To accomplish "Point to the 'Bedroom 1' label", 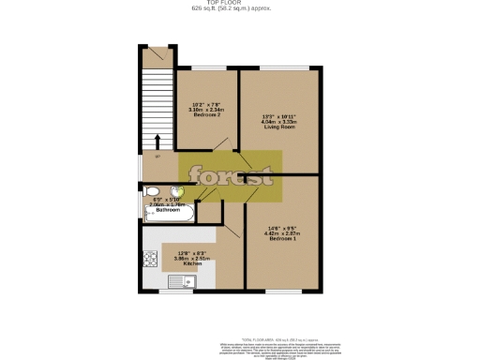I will pyautogui.click(x=281, y=239).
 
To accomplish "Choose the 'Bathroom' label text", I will pyautogui.click(x=168, y=210).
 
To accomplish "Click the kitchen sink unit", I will pyautogui.click(x=179, y=281).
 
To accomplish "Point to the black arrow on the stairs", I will pyautogui.click(x=157, y=142).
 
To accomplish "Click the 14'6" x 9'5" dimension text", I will pyautogui.click(x=282, y=228).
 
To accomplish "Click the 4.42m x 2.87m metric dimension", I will pyautogui.click(x=282, y=233).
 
